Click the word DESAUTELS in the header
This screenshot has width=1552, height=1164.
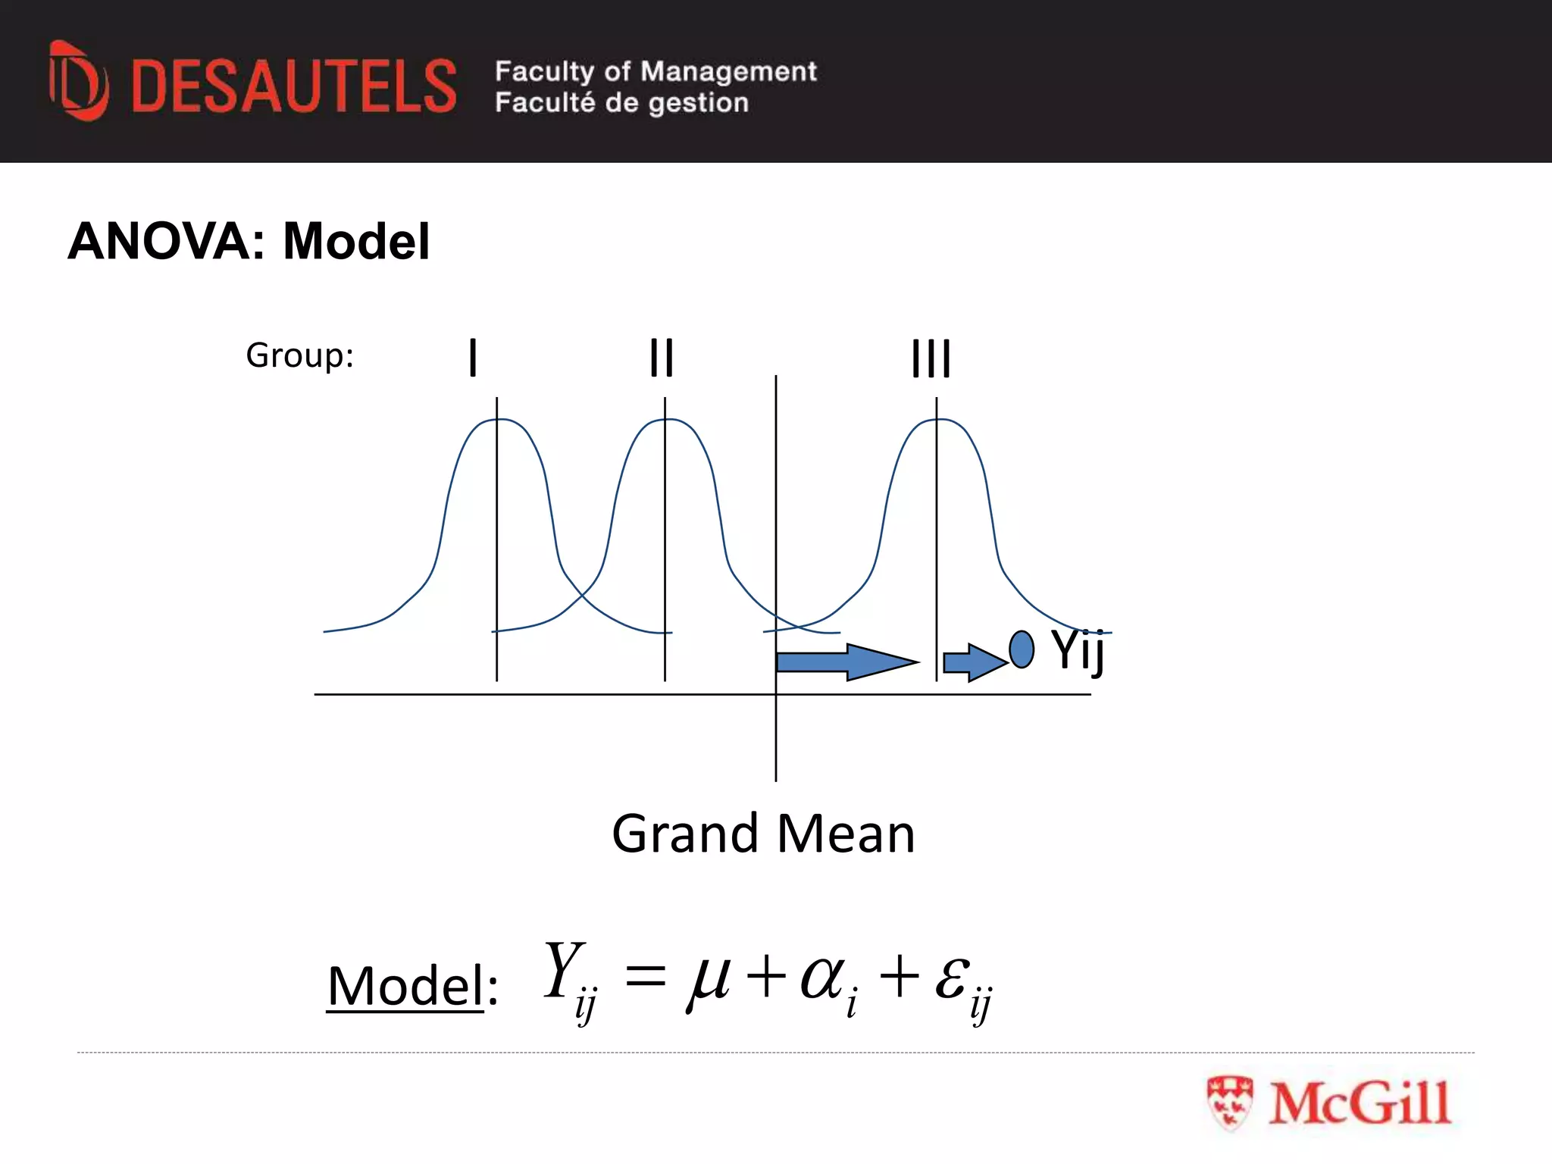[x=294, y=86]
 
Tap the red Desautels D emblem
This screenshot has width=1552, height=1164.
[x=78, y=81]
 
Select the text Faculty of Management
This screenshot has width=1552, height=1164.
[x=656, y=71]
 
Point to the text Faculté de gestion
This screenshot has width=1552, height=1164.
[x=621, y=102]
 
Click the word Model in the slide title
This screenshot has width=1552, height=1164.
[x=356, y=242]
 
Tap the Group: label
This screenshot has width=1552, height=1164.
[x=300, y=355]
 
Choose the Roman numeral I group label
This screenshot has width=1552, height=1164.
[x=473, y=358]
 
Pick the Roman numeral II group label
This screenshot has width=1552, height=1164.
[x=662, y=358]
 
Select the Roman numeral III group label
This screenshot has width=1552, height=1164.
[x=931, y=358]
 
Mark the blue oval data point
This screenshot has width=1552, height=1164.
[x=1022, y=649]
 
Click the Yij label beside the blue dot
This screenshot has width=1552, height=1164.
[x=1078, y=650]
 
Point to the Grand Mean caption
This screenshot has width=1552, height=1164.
[x=763, y=834]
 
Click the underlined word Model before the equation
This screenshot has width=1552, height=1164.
[x=405, y=986]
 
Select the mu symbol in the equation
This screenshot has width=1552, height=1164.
[x=709, y=978]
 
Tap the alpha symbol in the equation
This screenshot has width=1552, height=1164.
[x=823, y=978]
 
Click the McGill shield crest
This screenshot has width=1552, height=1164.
[x=1229, y=1103]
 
